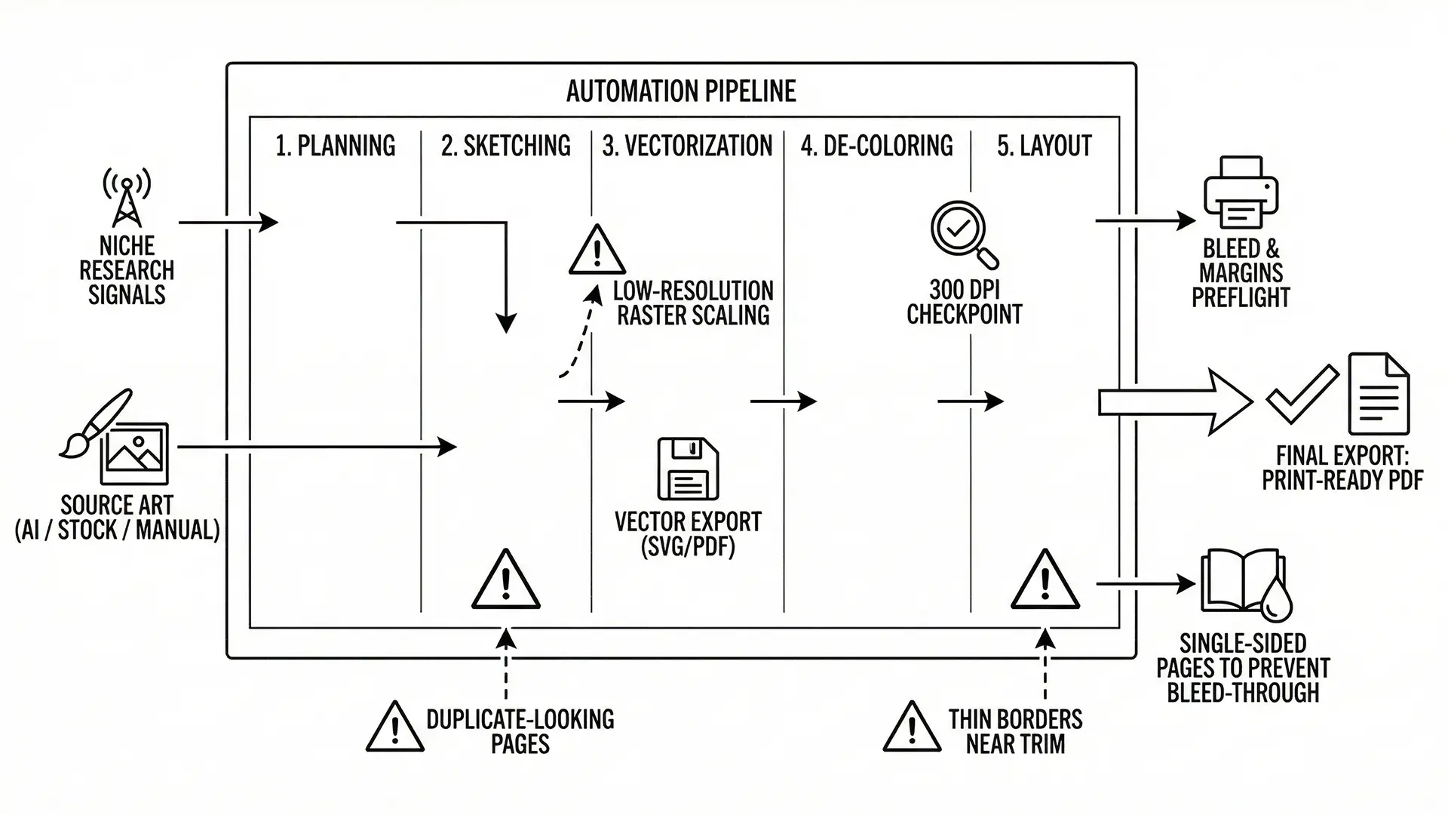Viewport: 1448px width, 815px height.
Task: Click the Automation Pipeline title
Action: click(681, 91)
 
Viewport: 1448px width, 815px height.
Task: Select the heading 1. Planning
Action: click(336, 146)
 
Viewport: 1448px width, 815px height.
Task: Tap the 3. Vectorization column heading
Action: click(687, 146)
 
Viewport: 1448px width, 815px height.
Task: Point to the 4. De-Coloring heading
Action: click(876, 146)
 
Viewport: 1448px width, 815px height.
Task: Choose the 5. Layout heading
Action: click(1045, 146)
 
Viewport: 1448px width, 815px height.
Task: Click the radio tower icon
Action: click(127, 198)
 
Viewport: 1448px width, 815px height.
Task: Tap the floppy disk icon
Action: click(688, 469)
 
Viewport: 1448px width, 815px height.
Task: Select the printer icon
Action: click(1241, 192)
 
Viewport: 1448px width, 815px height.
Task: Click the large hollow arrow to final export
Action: click(1173, 402)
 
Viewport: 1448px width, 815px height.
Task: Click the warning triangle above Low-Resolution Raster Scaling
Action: click(597, 251)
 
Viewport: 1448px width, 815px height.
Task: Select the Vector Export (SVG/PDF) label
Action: click(688, 534)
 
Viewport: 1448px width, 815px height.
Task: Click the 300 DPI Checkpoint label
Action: click(964, 302)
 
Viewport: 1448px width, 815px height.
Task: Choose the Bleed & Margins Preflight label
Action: click(1241, 273)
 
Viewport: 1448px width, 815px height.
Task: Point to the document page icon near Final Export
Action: click(1379, 394)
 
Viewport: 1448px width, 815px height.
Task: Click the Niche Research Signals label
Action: click(127, 270)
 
